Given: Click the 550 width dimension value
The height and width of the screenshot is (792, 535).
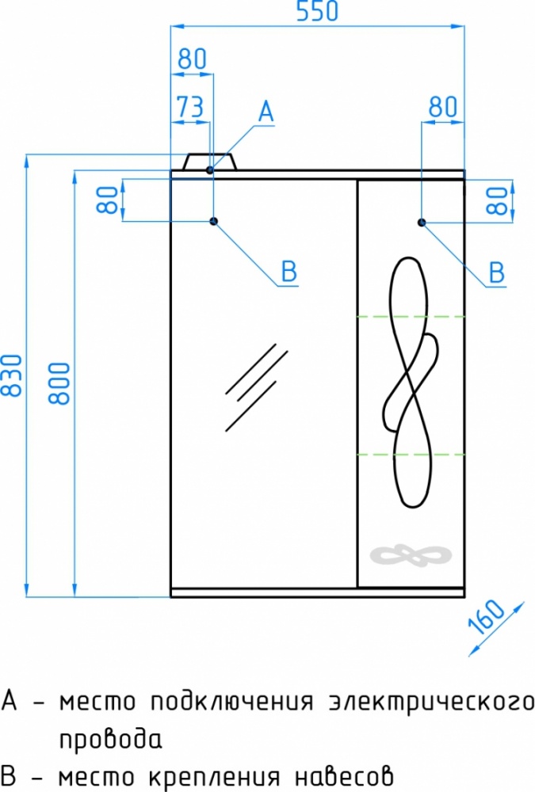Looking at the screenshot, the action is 316,12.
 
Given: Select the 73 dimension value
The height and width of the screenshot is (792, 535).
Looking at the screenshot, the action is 190,107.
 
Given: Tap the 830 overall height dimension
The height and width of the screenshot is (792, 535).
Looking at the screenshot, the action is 13,375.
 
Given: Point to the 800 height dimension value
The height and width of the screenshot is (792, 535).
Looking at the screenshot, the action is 59,383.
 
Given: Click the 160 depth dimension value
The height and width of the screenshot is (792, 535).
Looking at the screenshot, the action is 486,617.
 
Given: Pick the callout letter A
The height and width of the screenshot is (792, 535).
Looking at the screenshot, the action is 266,112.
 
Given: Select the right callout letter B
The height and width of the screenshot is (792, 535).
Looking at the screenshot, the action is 497,272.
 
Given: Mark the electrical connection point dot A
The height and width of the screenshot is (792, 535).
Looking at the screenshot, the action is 210,169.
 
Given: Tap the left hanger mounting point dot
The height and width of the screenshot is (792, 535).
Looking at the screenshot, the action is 214,221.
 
